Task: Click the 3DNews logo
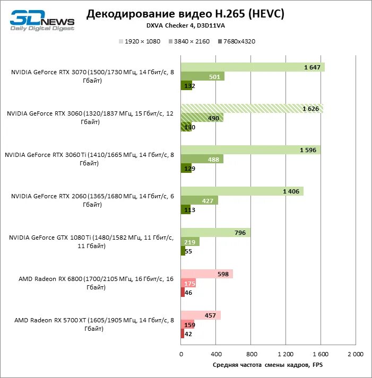42,20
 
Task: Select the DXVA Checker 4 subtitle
185,25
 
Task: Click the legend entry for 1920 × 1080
140,41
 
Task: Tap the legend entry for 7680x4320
236,41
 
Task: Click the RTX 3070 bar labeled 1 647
252,67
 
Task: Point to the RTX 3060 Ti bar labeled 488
202,159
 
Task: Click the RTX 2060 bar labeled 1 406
241,191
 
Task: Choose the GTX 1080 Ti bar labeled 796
215,232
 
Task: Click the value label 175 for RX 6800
190,284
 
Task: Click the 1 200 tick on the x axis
285,354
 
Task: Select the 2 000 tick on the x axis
355,354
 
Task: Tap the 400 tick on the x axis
215,354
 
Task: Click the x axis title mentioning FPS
267,365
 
